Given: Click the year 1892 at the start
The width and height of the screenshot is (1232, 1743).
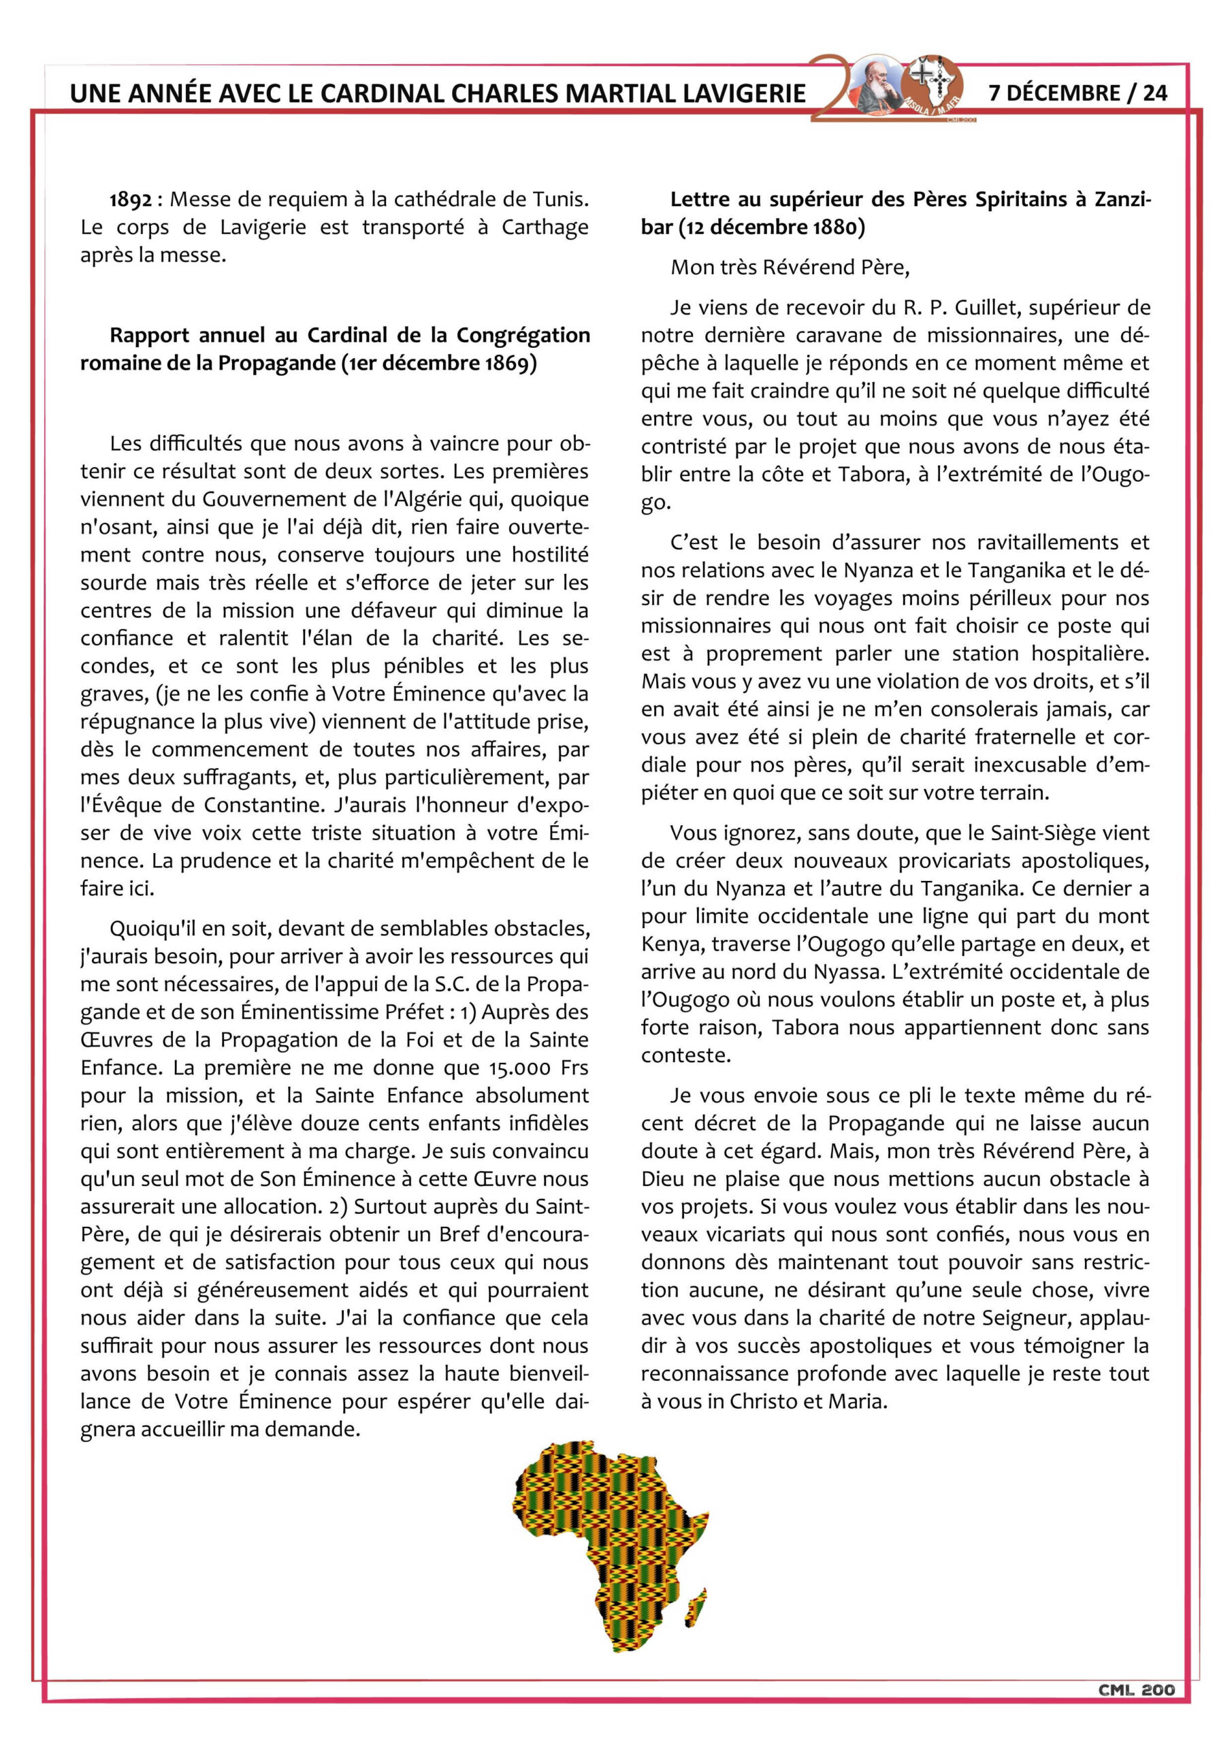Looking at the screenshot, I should tap(130, 199).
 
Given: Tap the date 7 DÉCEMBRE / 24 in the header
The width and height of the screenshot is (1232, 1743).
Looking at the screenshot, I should tap(1077, 93).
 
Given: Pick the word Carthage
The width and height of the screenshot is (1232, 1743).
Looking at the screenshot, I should tap(545, 227).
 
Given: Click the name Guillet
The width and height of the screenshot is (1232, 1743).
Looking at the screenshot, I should tap(986, 308).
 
